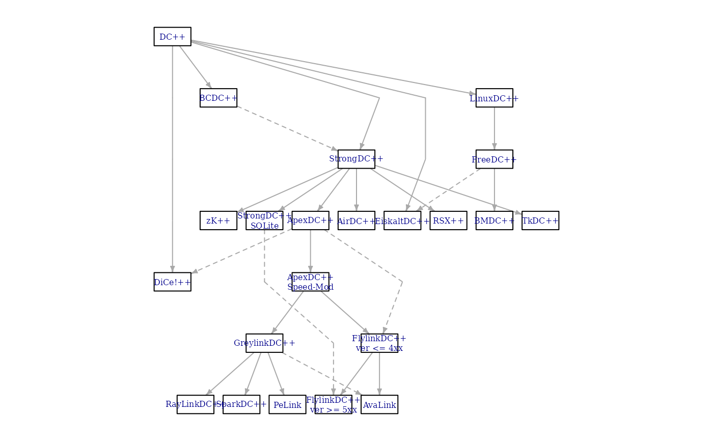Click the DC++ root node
click(x=172, y=37)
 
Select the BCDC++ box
click(x=218, y=98)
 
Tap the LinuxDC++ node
click(x=494, y=98)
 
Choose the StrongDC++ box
click(x=356, y=159)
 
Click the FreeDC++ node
click(x=494, y=159)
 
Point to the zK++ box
click(x=218, y=220)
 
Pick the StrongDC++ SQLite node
click(x=264, y=220)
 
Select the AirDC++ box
click(x=356, y=220)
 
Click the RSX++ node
click(x=448, y=220)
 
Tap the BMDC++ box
click(x=494, y=220)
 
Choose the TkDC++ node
click(x=540, y=220)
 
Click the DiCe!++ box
click(x=172, y=282)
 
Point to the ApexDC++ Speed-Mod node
click(x=310, y=282)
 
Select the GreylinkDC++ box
click(x=264, y=343)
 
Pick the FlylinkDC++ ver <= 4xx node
click(x=379, y=343)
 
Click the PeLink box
click(x=287, y=405)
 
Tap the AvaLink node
click(x=379, y=405)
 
